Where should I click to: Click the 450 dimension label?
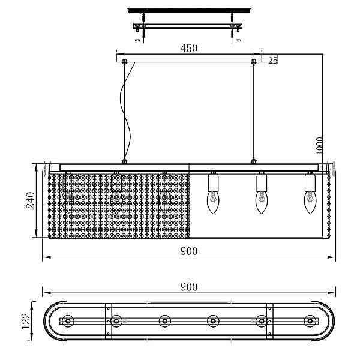tap(189, 48)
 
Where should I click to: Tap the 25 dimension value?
tap(273, 60)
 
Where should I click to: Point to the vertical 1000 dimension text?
tap(319, 146)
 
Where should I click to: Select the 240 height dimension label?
tap(31, 200)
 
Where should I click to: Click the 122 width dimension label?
tap(26, 321)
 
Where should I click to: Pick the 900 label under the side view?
tap(189, 251)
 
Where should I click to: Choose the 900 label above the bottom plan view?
tap(189, 287)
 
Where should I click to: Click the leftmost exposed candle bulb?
tap(213, 203)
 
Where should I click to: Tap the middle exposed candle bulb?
tap(262, 203)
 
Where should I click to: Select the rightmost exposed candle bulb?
tap(310, 203)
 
